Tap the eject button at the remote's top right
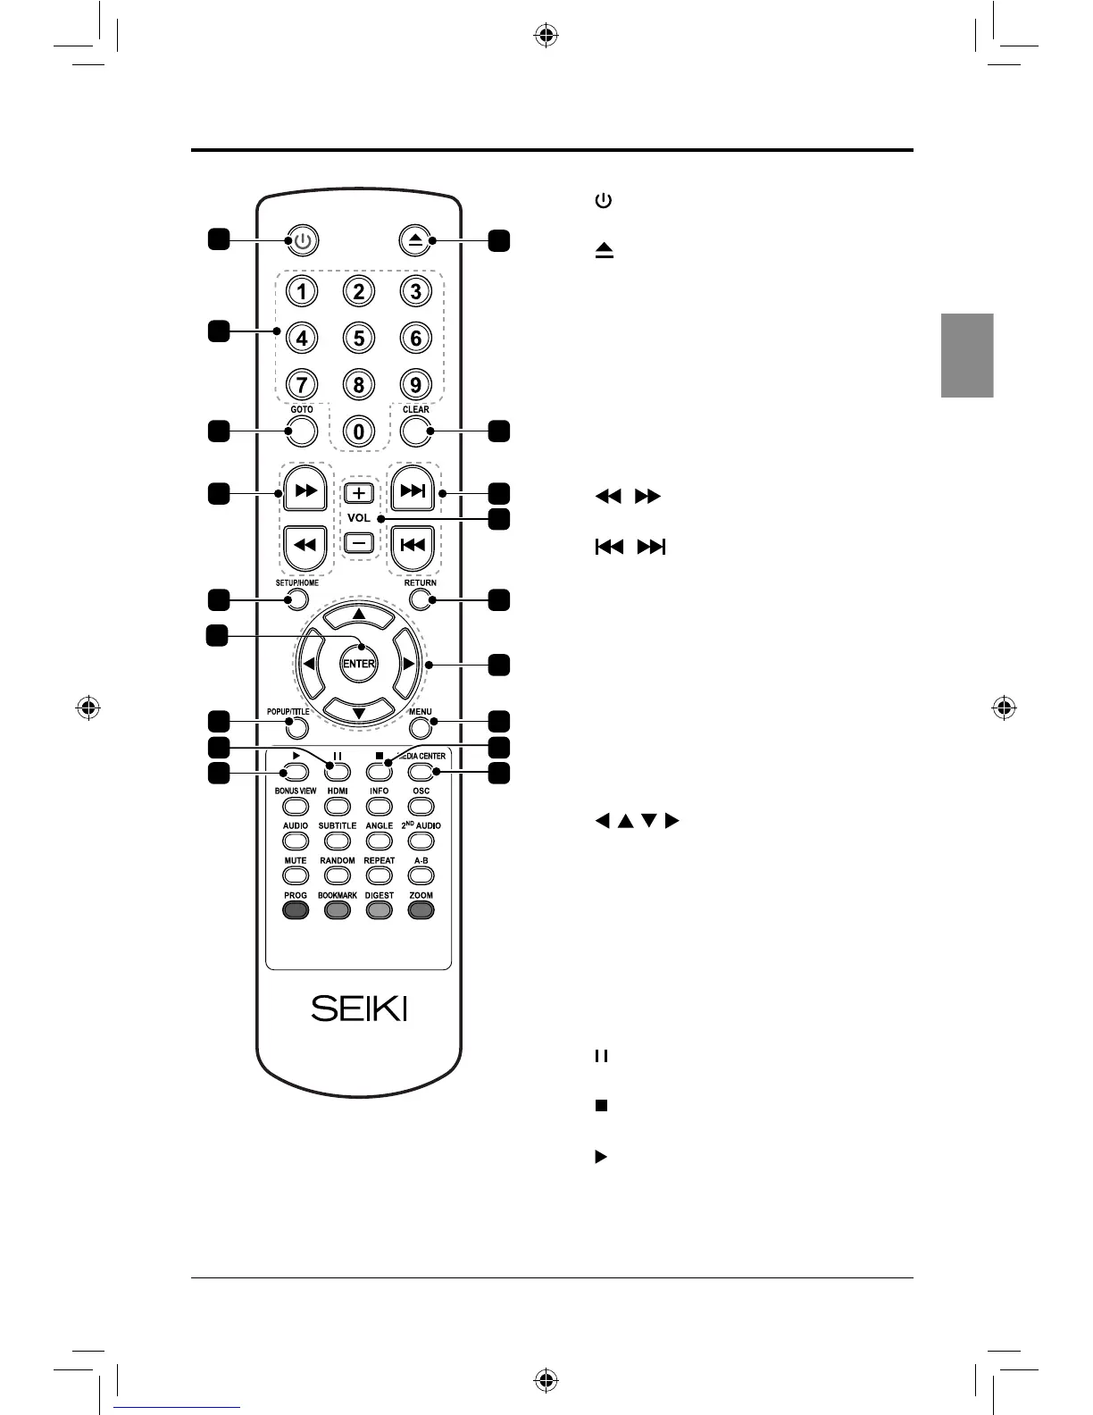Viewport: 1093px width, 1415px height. (413, 241)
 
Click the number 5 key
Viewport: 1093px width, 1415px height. (358, 338)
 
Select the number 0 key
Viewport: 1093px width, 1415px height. (358, 431)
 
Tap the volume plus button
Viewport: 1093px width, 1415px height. (358, 493)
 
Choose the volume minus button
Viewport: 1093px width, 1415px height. (358, 542)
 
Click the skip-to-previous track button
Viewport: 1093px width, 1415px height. (413, 544)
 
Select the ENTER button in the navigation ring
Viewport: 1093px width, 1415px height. (358, 664)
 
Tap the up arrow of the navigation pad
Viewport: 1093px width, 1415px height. (358, 615)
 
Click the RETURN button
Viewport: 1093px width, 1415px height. (421, 599)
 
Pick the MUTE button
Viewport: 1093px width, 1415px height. (296, 875)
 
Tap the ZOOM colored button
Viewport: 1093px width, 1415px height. (421, 910)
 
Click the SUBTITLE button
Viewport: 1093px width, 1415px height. (338, 841)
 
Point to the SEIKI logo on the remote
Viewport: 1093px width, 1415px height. (359, 1009)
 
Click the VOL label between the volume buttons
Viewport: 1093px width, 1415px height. (358, 518)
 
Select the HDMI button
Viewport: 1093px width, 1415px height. (338, 806)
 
